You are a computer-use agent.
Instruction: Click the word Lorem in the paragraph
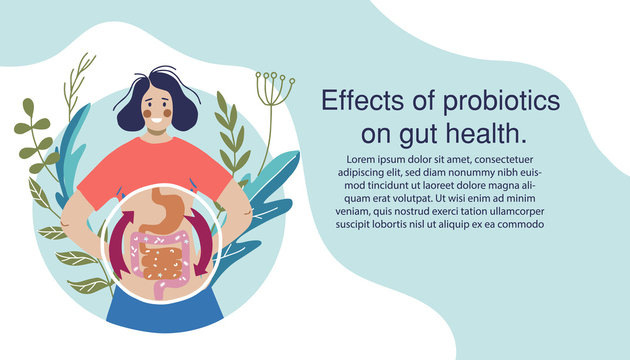pyautogui.click(x=363, y=159)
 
